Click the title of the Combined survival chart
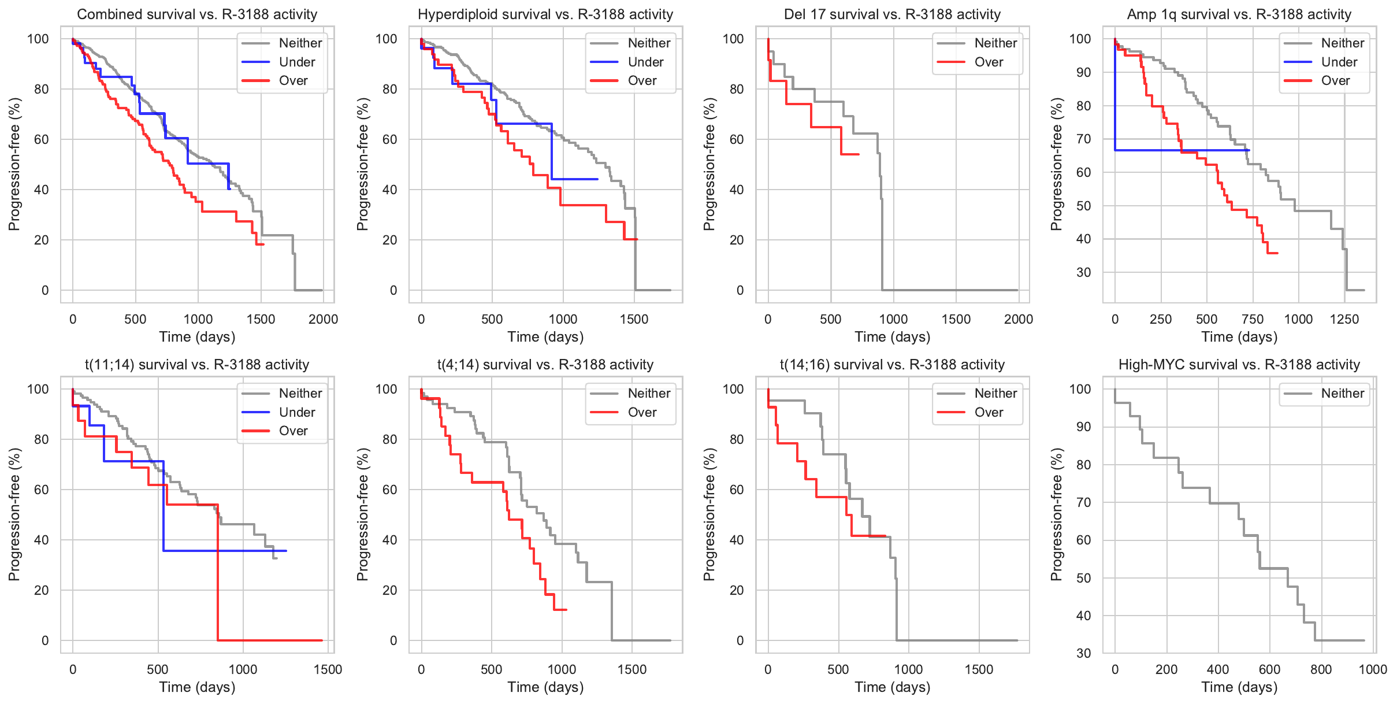197,14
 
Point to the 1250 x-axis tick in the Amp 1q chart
1344,319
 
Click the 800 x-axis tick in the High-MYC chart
1321,669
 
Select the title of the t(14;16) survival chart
892,365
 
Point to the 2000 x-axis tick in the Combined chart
323,319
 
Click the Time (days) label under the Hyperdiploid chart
545,337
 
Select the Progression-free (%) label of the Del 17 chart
709,164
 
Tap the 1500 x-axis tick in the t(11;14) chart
328,669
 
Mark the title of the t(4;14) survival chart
545,365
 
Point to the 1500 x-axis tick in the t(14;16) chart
979,669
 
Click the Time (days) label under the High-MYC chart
1239,687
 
